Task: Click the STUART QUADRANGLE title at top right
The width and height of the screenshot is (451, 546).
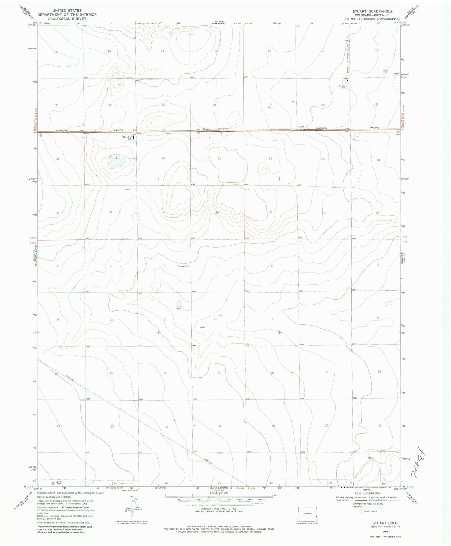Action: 372,11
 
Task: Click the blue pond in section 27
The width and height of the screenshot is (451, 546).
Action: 116,162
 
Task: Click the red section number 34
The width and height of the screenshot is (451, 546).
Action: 111,212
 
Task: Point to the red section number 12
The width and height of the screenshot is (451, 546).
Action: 215,319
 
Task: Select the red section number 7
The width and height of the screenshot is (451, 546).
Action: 272,319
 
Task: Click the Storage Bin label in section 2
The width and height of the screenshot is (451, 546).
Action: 184,266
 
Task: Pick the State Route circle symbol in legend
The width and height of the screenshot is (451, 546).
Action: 362,520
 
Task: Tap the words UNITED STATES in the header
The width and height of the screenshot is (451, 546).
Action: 67,11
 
